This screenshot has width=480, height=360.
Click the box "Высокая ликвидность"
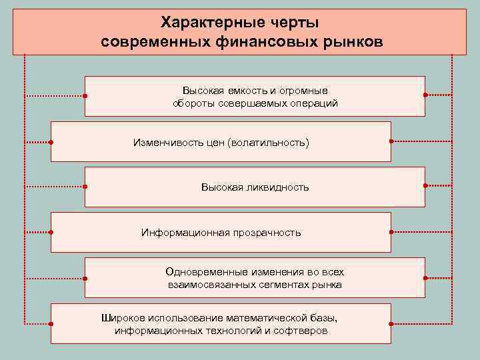pyautogui.click(x=255, y=187)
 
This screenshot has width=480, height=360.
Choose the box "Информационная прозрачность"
pyautogui.click(x=221, y=233)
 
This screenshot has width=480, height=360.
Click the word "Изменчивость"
pyautogui.click(x=164, y=143)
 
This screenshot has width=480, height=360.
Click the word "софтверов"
pyautogui.click(x=305, y=331)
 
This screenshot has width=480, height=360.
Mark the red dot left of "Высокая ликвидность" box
pyautogui.click(x=85, y=187)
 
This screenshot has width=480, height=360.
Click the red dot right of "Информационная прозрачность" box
pyautogui.click(x=391, y=232)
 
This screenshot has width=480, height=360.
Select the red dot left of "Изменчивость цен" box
pyautogui.click(x=51, y=142)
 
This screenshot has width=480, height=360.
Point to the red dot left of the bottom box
pyautogui.click(x=51, y=323)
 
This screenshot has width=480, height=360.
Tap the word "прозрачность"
pyautogui.click(x=267, y=233)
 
